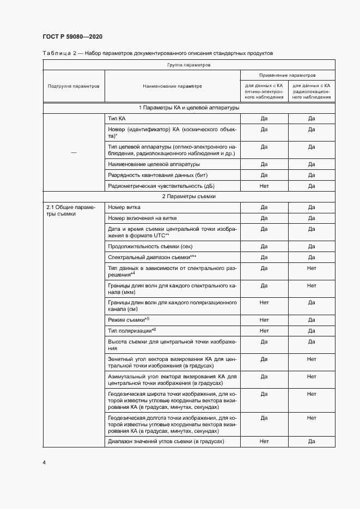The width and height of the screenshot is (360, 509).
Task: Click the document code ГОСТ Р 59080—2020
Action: coord(72,36)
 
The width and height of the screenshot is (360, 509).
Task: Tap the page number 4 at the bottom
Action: coord(44,463)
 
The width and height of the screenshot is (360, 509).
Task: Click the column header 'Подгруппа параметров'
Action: coord(74,86)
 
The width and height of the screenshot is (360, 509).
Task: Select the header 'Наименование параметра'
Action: coord(172,86)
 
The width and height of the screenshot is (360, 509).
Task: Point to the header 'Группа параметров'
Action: coord(189,65)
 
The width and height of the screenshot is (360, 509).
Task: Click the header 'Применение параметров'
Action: coord(288,75)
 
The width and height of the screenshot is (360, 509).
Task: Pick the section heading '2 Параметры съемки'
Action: coord(189,196)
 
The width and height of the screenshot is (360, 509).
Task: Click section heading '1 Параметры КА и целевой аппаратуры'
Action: coord(189,108)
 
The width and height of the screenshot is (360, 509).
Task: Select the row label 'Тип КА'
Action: coord(117,118)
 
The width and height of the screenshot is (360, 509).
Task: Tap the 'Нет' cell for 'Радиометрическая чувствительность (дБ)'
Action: coord(264,186)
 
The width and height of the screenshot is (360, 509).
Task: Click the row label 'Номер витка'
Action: coord(125,207)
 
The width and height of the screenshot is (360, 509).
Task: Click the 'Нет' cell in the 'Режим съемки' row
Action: coord(264,320)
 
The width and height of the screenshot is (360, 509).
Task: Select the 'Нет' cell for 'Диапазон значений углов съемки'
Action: coord(264,441)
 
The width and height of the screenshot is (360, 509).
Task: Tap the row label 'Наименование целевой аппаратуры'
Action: coord(154,164)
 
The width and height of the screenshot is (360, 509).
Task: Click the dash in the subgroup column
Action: coord(74,152)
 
